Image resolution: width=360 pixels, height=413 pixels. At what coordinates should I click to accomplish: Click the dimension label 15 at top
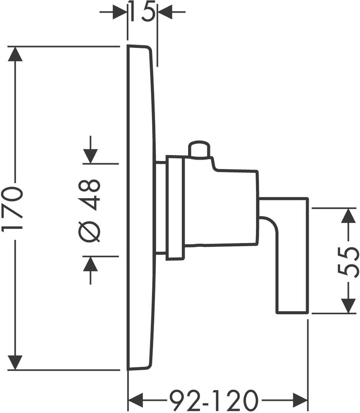point(143,12)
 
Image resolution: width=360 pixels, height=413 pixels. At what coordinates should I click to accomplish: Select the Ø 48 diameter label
point(90,210)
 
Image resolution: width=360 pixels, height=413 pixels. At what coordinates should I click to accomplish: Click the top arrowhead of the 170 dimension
point(14,54)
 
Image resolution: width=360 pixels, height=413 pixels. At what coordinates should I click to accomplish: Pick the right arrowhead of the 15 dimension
point(165,12)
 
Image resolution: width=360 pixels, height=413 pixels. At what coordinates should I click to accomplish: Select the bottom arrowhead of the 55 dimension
point(349,306)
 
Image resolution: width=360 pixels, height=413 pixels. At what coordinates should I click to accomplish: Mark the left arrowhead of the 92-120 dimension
point(136,400)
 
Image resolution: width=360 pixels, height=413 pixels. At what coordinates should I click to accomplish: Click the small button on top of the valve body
point(199,149)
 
